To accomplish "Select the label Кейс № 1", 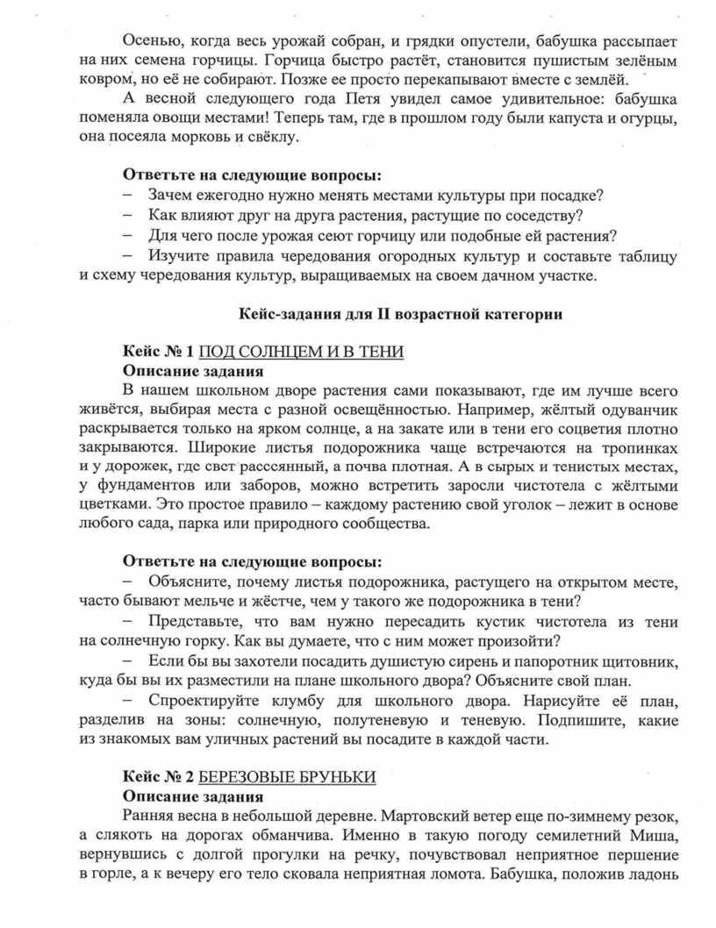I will click(x=157, y=352).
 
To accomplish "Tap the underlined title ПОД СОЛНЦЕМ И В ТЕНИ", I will click(x=302, y=352).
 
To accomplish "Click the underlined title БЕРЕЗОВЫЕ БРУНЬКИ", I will click(x=288, y=778).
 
